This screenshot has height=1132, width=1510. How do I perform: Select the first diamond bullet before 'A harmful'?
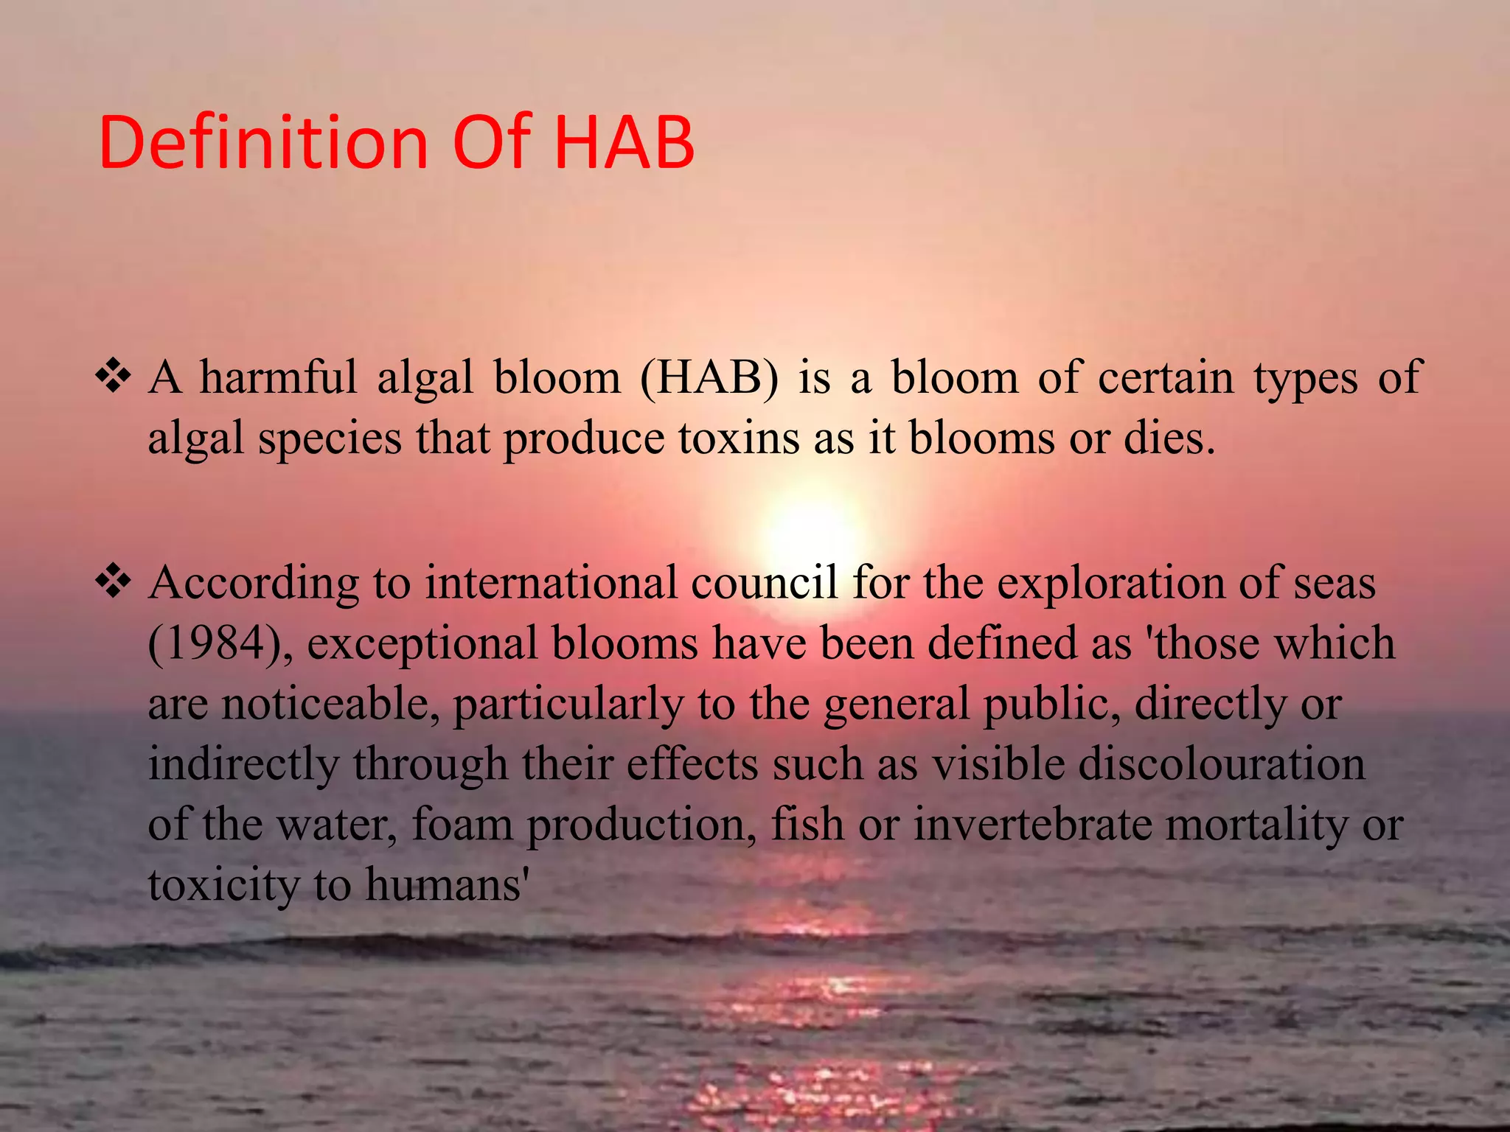coord(114,377)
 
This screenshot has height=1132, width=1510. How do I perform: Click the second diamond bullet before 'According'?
coord(114,581)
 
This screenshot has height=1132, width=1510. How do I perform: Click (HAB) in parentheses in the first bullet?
coord(709,378)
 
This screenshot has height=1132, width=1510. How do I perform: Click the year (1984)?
coord(219,643)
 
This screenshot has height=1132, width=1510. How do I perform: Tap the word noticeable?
coord(325,704)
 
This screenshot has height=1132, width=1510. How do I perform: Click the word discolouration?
coord(1222,764)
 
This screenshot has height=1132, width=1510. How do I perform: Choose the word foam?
coord(462,824)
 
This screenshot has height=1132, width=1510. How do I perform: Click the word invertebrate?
coord(1032,824)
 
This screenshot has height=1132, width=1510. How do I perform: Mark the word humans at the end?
coord(445,884)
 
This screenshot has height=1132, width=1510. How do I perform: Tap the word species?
coord(330,439)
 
